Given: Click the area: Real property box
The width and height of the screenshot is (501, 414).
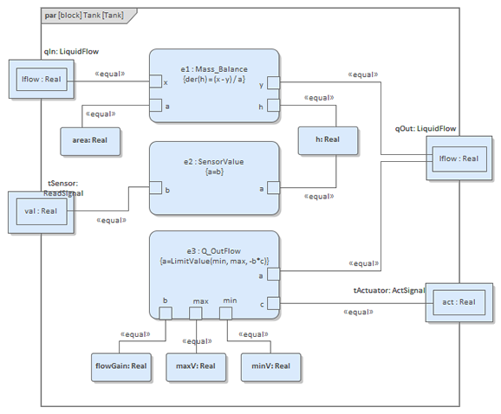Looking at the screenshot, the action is click(90, 141).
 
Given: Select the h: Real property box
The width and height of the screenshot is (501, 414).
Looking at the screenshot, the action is click(328, 141).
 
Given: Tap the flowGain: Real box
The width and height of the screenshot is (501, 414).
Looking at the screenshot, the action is click(121, 367).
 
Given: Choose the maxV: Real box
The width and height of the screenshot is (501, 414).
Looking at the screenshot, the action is click(196, 367).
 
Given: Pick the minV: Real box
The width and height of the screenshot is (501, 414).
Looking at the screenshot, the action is click(271, 367).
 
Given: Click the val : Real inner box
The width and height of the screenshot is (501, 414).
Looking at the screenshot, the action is click(42, 211).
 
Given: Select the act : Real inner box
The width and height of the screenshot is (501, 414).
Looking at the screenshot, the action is click(459, 302).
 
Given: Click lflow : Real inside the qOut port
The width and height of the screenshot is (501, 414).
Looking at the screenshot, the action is click(459, 159).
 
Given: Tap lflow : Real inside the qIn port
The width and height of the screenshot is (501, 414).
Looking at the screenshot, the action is click(42, 79).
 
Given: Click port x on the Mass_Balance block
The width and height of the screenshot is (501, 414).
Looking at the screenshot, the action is click(156, 81).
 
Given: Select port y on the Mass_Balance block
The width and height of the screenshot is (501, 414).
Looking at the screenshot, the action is click(273, 82).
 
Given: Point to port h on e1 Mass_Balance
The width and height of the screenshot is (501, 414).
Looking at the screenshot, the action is click(273, 106).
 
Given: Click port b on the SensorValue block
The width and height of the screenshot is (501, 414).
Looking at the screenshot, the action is click(156, 188).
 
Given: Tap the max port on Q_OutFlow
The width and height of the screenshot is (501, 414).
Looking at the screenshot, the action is click(196, 314).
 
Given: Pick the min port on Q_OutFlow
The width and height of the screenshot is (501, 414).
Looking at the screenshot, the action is click(225, 314).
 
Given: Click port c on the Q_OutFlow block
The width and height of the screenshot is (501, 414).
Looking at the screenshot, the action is click(273, 303).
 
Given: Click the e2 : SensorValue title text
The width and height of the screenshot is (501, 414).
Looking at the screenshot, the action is click(214, 162).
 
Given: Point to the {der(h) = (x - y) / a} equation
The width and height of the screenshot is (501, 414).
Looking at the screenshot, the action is click(214, 80).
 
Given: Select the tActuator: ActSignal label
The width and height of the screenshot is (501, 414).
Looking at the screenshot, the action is click(389, 290).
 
